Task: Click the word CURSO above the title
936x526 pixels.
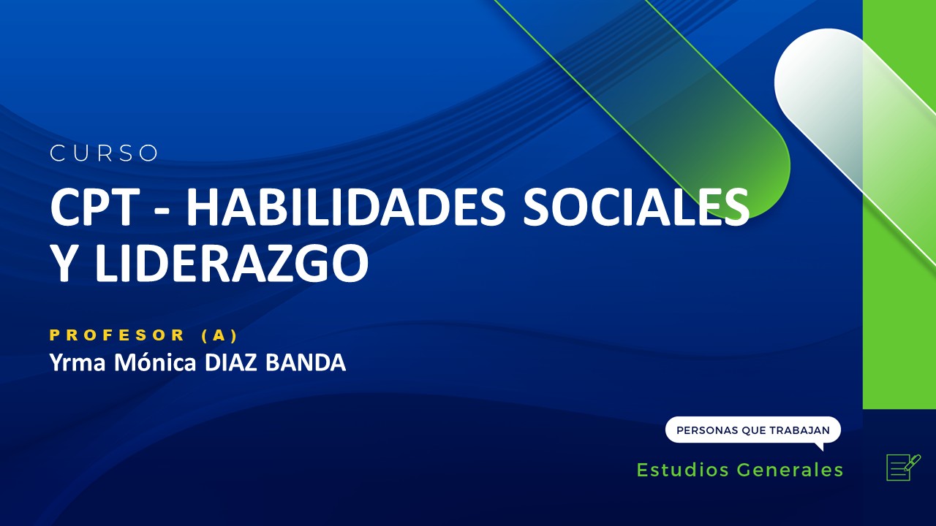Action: click(105, 153)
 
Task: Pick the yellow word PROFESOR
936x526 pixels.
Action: click(118, 335)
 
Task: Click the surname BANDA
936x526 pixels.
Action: click(305, 362)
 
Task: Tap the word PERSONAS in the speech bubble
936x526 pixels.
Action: click(706, 430)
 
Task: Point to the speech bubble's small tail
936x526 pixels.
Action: click(819, 446)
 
